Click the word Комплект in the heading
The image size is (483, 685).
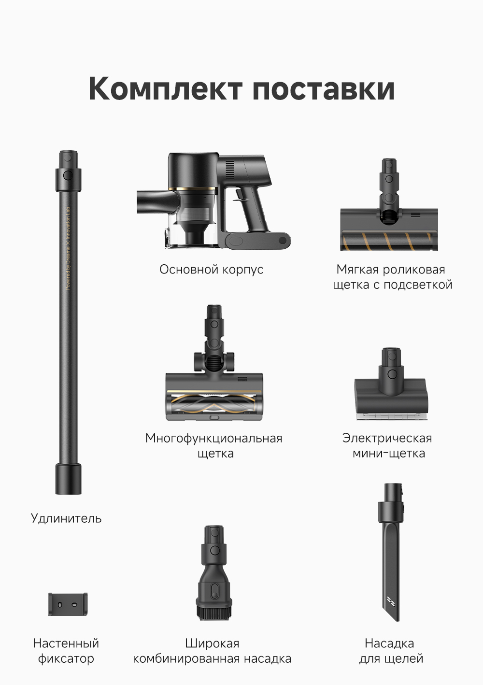point(165,89)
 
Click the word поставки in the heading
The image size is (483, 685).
point(324,89)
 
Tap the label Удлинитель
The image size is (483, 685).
point(66,518)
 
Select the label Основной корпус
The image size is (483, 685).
point(211,270)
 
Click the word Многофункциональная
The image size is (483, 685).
point(213,438)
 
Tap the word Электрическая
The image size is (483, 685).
point(387,438)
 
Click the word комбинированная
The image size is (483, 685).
point(186,659)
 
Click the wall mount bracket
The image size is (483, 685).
point(68,605)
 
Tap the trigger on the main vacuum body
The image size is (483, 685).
point(240,195)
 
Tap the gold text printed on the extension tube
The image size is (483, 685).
point(68,248)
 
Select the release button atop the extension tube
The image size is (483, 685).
point(68,175)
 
